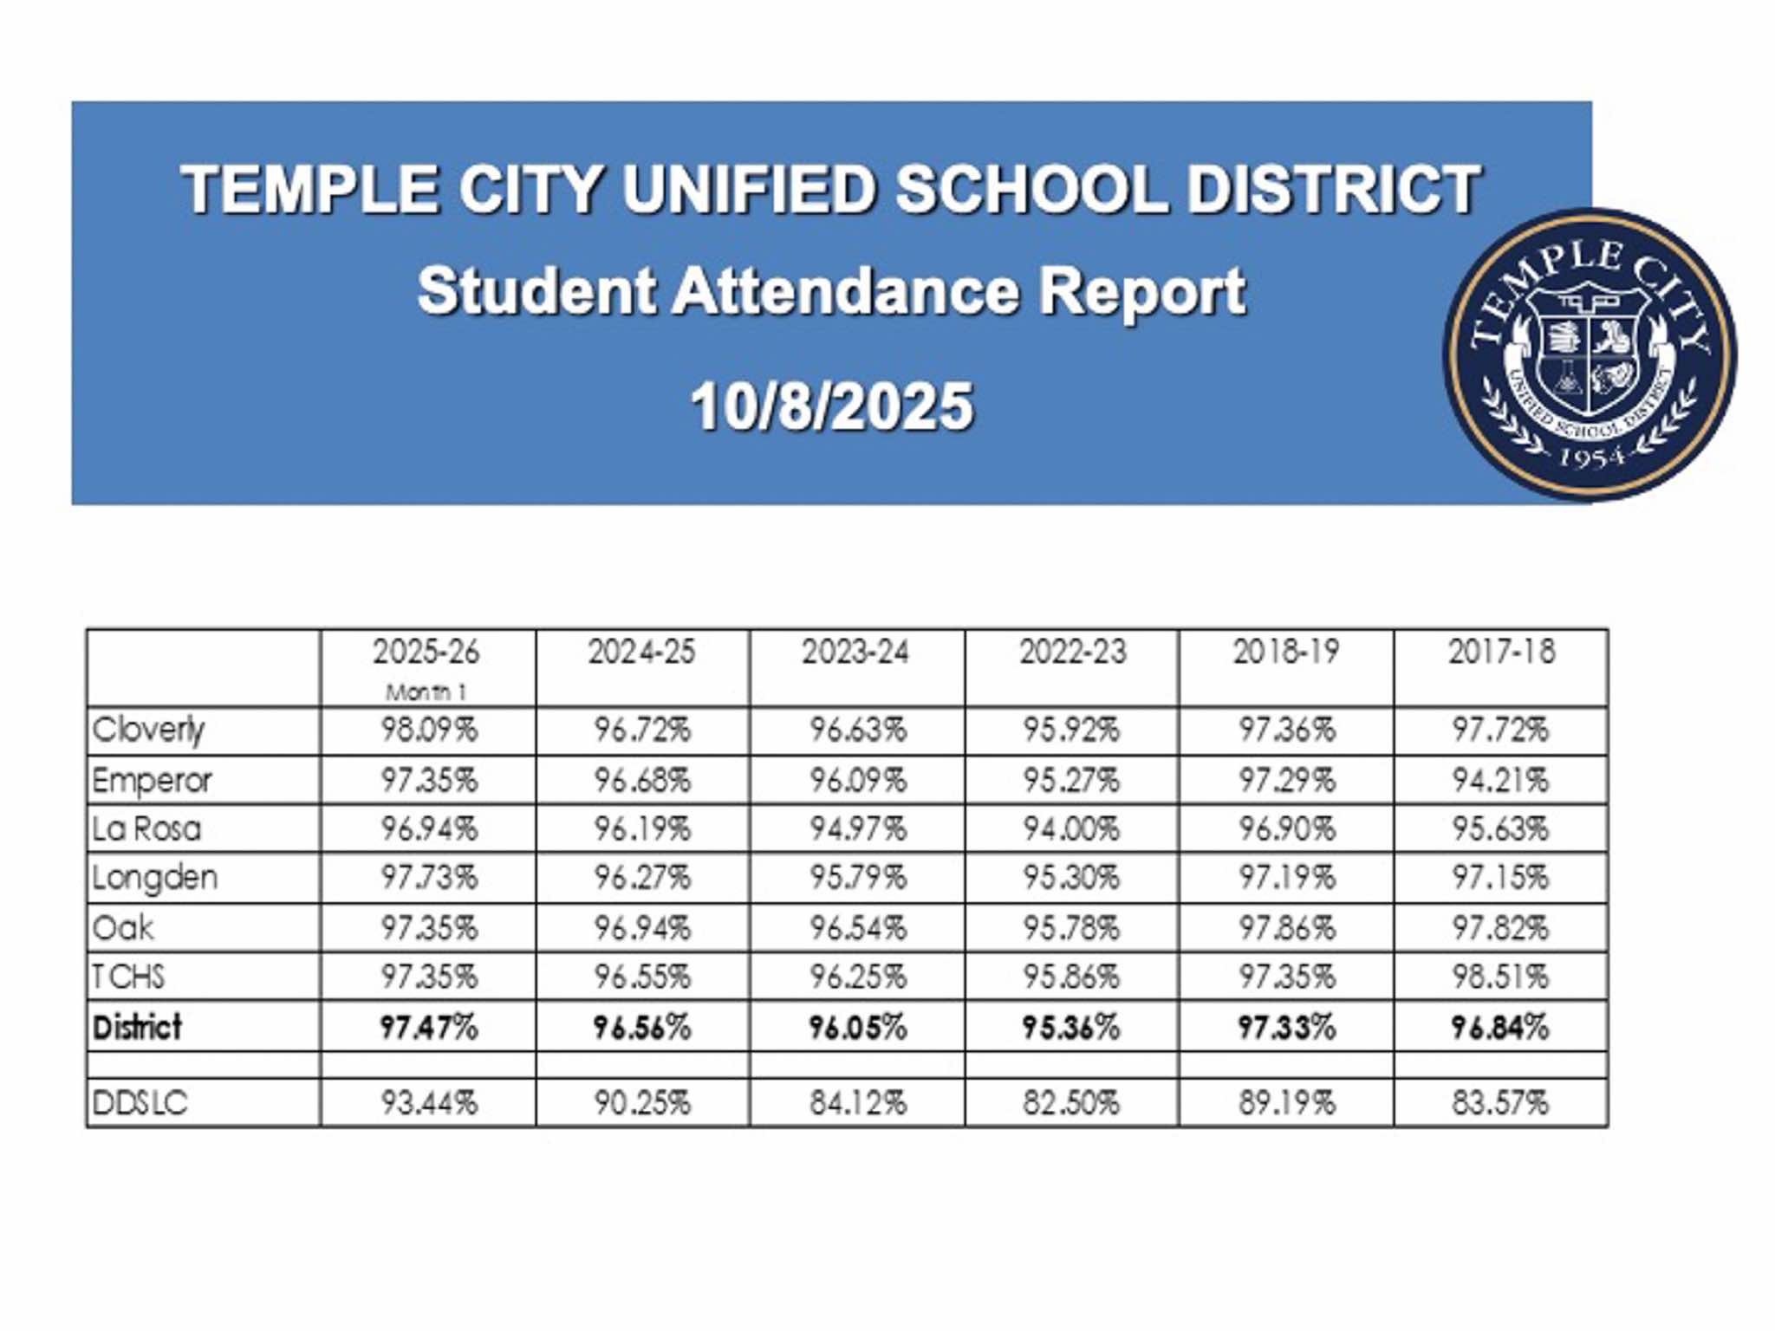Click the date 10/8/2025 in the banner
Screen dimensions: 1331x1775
point(832,406)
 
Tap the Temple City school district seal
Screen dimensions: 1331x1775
point(1590,355)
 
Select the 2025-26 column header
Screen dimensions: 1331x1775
point(426,652)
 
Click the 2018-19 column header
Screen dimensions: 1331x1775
point(1286,652)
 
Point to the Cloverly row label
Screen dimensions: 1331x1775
point(149,730)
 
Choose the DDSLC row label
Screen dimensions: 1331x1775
point(140,1103)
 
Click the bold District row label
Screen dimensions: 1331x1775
point(137,1028)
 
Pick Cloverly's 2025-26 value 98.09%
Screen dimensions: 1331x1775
point(429,730)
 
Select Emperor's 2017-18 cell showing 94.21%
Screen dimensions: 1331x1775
point(1500,781)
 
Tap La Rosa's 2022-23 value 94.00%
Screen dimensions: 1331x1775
point(1071,829)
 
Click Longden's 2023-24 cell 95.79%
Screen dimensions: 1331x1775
point(858,878)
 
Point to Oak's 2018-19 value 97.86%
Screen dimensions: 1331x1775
point(1286,928)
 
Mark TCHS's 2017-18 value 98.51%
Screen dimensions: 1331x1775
point(1500,977)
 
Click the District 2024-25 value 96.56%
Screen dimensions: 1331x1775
point(642,1028)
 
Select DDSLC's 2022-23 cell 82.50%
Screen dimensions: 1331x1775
point(1071,1103)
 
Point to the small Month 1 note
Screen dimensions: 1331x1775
point(426,692)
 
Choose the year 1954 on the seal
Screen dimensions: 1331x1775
point(1592,457)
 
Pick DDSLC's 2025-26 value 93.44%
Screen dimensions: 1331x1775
point(429,1103)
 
